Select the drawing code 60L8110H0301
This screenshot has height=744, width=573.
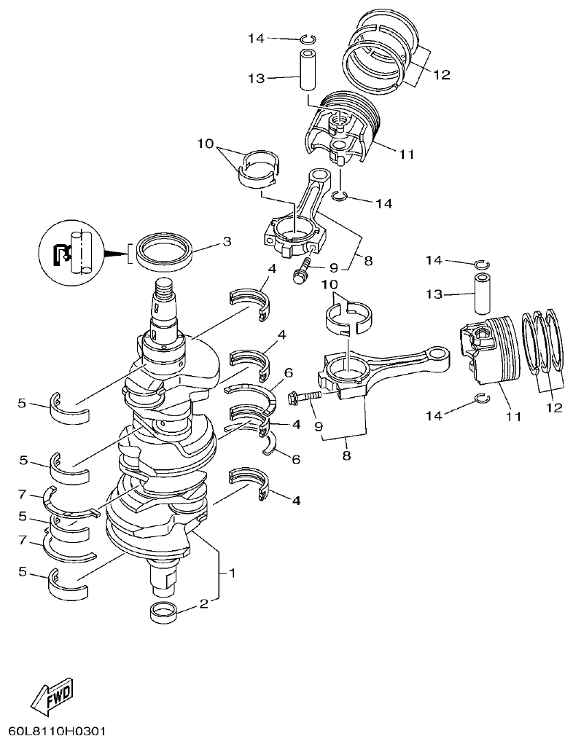point(57,730)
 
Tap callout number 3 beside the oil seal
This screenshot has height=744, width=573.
point(227,241)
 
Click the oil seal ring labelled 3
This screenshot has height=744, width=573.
point(167,252)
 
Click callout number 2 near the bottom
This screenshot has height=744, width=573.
point(205,603)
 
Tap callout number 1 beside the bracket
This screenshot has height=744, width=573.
point(233,573)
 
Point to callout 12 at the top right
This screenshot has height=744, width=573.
point(440,74)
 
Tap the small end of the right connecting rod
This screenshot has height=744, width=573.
point(440,354)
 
